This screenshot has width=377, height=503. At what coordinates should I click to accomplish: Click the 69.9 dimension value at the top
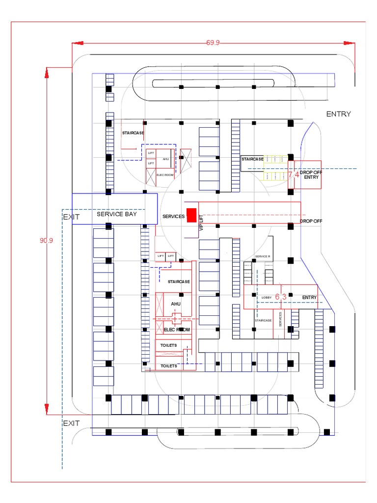[x=213, y=43]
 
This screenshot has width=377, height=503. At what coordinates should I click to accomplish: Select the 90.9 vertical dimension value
[x=46, y=240]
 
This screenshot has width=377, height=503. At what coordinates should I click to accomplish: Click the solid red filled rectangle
[x=191, y=215]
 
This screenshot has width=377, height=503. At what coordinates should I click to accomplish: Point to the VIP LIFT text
[x=201, y=223]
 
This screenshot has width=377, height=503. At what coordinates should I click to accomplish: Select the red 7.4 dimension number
[x=294, y=174]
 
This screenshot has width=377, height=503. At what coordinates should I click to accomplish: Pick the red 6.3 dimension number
[x=280, y=297]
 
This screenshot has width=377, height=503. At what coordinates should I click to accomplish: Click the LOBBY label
[x=267, y=298]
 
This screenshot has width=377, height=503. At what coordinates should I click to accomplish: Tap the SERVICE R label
[x=263, y=256]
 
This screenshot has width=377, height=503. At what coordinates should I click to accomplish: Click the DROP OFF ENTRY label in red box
[x=309, y=174]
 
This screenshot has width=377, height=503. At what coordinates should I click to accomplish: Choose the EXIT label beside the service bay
[x=71, y=217]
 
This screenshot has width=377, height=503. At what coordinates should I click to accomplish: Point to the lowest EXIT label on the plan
[x=71, y=423]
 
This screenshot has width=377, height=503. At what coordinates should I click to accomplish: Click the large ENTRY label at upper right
[x=339, y=114]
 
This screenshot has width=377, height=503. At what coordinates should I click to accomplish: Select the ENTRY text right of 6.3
[x=309, y=298]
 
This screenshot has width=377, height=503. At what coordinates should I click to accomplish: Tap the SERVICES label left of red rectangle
[x=173, y=216]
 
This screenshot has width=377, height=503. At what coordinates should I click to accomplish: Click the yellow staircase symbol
[x=275, y=168]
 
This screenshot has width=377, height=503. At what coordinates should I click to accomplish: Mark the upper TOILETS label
[x=168, y=345]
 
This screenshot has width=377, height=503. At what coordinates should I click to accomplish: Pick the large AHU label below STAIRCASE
[x=176, y=304]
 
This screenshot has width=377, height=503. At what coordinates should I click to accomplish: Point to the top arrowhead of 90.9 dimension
[x=47, y=73]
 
